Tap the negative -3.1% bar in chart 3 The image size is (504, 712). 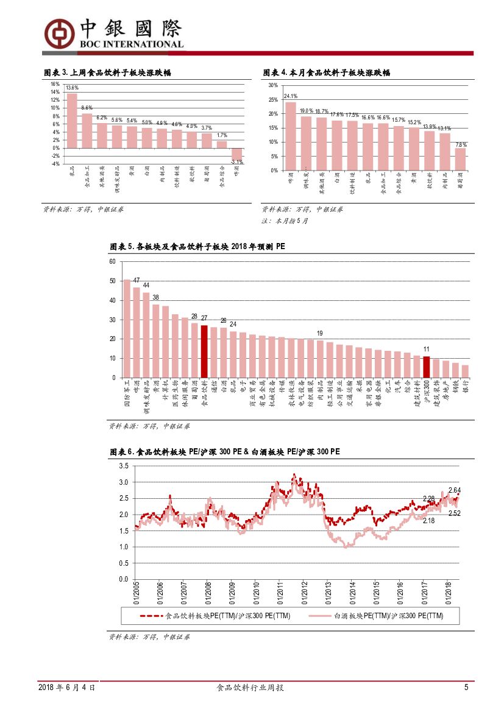pyautogui.click(x=237, y=154)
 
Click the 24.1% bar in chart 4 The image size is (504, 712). pyautogui.click(x=291, y=136)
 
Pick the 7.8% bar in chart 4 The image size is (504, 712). pyautogui.click(x=460, y=159)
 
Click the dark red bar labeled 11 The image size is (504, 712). pyautogui.click(x=427, y=367)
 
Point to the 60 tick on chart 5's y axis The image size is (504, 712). pyautogui.click(x=112, y=262)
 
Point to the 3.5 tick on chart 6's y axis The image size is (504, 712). pyautogui.click(x=124, y=466)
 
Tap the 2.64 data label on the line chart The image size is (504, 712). pyautogui.click(x=455, y=490)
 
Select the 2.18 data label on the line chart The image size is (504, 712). pyautogui.click(x=428, y=521)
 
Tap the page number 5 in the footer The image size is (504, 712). pyautogui.click(x=466, y=688)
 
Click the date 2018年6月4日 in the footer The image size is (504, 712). pyautogui.click(x=66, y=688)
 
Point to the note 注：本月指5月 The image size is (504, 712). pyautogui.click(x=285, y=221)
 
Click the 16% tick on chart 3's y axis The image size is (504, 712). pyautogui.click(x=55, y=85)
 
